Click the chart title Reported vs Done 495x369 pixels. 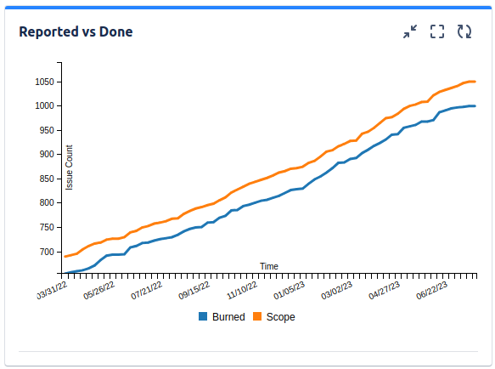click(76, 32)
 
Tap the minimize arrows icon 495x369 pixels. click(410, 32)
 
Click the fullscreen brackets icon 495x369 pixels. click(437, 32)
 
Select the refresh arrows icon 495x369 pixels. click(464, 32)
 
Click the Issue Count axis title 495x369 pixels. click(70, 167)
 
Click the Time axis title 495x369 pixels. click(269, 266)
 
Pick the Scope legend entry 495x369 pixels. click(280, 317)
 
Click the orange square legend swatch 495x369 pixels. click(258, 317)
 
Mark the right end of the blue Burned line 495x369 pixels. click(475, 106)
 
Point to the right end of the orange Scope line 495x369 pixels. click(475, 82)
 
